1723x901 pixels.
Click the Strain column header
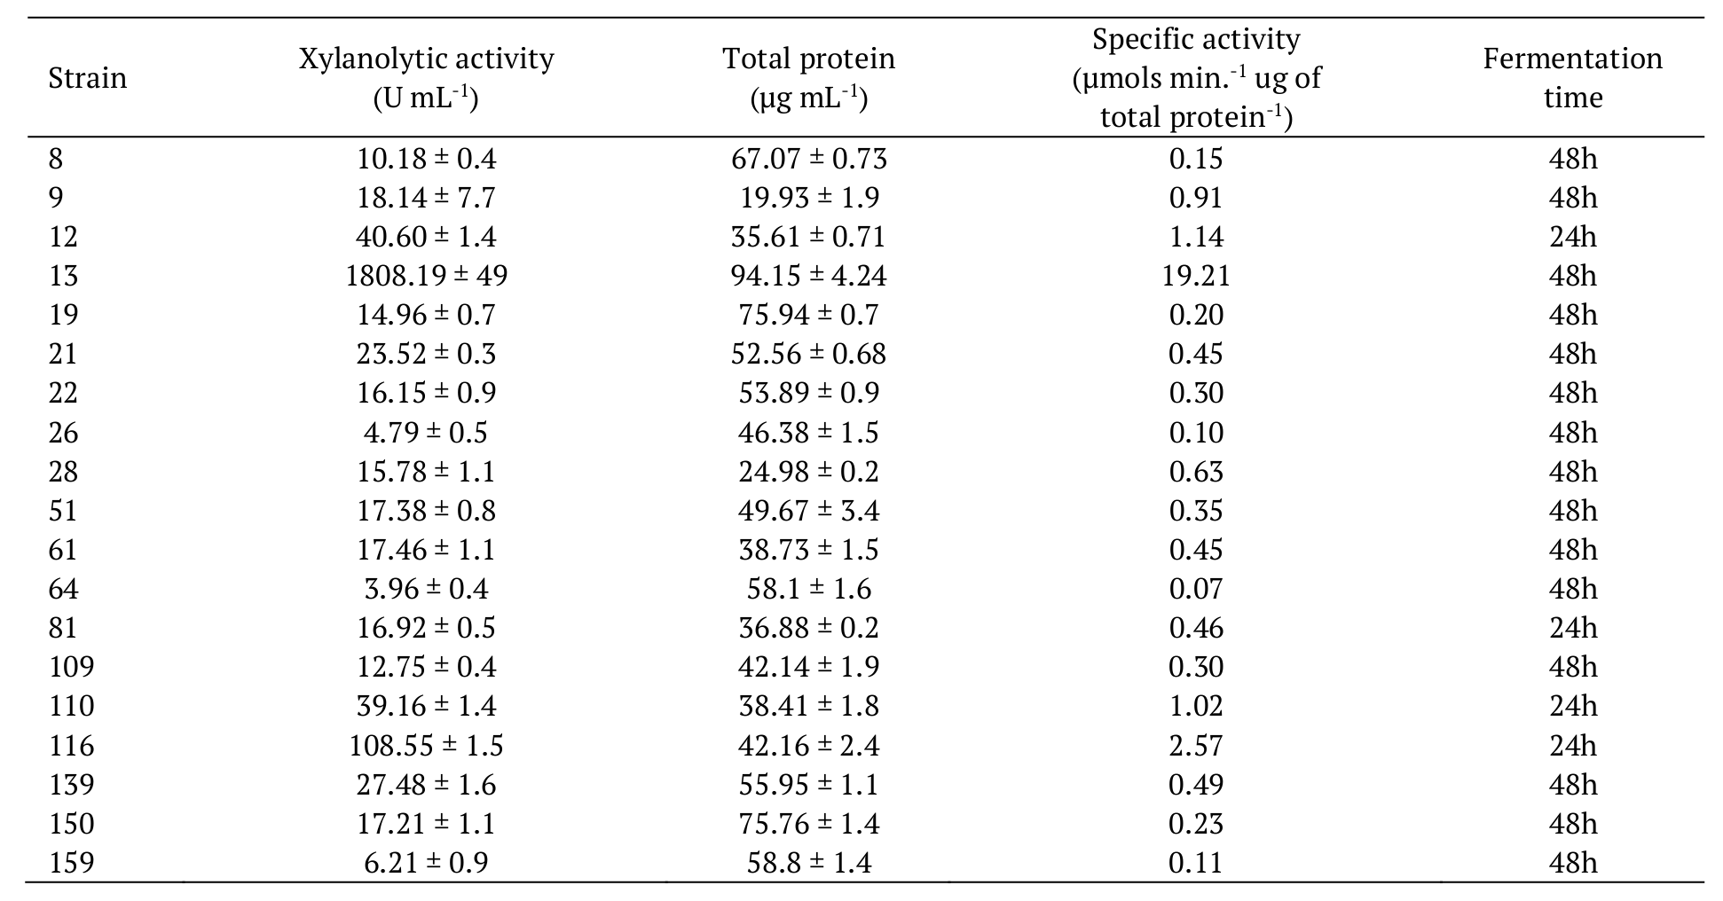[x=87, y=78]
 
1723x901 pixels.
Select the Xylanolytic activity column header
[x=426, y=78]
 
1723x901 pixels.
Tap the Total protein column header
[x=808, y=78]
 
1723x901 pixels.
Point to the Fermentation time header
[x=1572, y=78]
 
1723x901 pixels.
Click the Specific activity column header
[x=1195, y=78]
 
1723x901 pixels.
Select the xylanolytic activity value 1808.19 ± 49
[x=426, y=276]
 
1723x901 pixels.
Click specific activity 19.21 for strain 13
[x=1195, y=276]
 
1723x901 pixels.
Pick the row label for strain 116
[x=71, y=746]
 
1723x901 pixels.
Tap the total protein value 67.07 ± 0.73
[x=808, y=159]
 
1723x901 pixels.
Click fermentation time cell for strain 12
[x=1572, y=237]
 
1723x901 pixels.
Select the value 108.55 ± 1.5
[x=426, y=746]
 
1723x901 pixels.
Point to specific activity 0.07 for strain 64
[x=1195, y=589]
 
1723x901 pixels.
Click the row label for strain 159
[x=71, y=863]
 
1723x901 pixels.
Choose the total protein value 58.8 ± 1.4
[x=808, y=863]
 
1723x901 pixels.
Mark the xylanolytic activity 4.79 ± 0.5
[x=426, y=433]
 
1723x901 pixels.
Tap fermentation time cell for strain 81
[x=1572, y=628]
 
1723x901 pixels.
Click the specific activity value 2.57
[x=1195, y=746]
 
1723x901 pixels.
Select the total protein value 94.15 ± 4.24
[x=808, y=276]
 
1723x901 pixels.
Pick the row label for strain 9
[x=56, y=198]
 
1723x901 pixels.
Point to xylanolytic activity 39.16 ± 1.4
[x=426, y=706]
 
